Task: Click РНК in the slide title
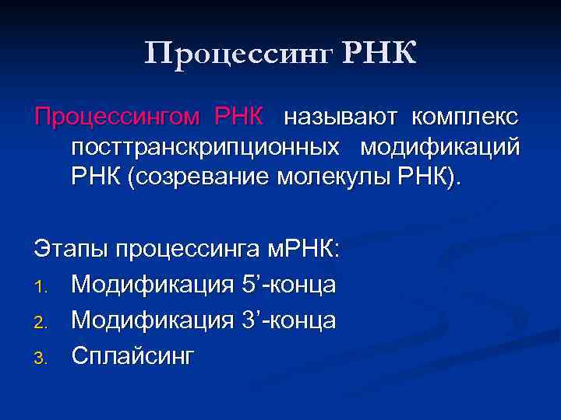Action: click(x=379, y=54)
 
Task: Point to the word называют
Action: click(x=340, y=118)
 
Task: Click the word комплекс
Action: click(x=466, y=118)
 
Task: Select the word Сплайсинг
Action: click(x=133, y=356)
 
